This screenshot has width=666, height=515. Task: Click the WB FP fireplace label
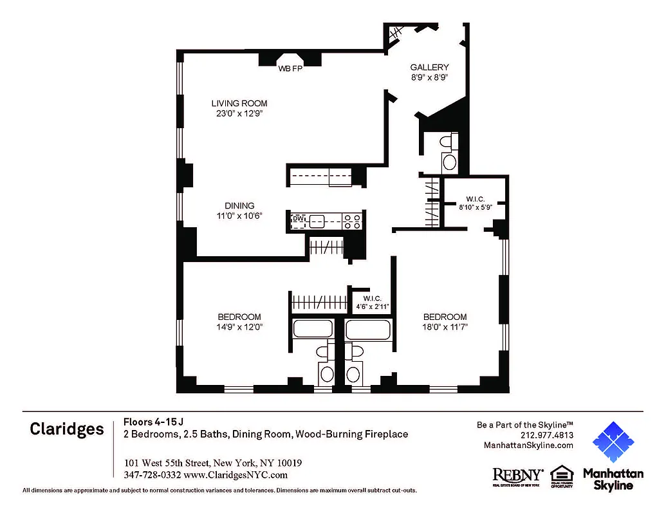290,68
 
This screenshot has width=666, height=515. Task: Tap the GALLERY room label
429,67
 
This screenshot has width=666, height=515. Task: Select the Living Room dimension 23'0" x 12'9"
239,113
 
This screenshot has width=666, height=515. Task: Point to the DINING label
239,206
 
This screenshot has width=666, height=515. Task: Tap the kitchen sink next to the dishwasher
317,221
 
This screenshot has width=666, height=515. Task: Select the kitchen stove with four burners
352,221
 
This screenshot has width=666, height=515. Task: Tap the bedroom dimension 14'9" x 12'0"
239,327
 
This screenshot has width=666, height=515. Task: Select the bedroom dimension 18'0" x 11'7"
445,327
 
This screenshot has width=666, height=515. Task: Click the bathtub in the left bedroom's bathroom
312,330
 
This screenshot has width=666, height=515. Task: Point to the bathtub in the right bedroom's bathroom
367,330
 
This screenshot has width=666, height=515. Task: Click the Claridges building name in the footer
66,429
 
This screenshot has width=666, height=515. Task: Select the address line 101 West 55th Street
212,463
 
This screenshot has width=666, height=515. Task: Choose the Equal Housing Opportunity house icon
562,475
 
